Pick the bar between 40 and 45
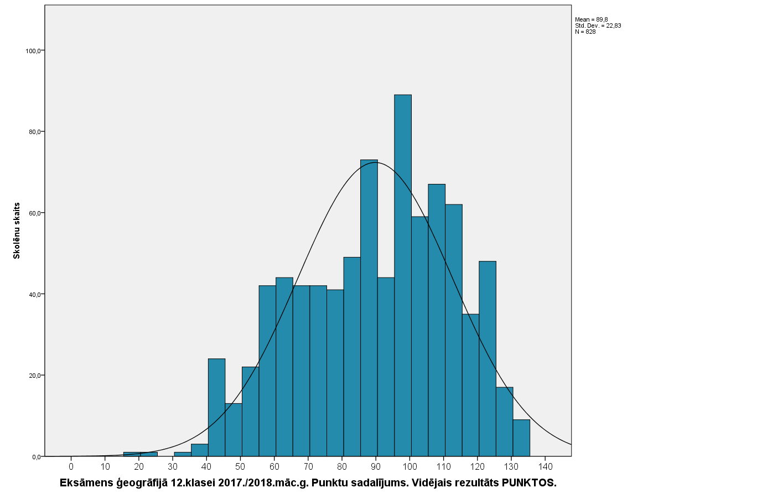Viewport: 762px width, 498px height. (216, 407)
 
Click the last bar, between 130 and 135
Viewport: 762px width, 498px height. (521, 438)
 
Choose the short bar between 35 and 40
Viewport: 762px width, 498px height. (200, 450)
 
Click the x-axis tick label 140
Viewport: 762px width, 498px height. (545, 466)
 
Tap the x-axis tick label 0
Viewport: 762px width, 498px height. (71, 466)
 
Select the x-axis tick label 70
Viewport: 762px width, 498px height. (308, 466)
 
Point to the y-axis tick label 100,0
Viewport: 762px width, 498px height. (33, 51)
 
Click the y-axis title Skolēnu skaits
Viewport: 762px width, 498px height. (17, 230)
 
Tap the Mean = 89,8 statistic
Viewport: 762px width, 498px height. (591, 19)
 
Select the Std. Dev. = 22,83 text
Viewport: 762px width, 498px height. (598, 25)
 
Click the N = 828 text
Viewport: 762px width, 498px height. (585, 32)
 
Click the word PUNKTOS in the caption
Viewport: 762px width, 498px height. (528, 483)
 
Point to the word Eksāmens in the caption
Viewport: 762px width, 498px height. (86, 483)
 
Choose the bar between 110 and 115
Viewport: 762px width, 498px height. (454, 330)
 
